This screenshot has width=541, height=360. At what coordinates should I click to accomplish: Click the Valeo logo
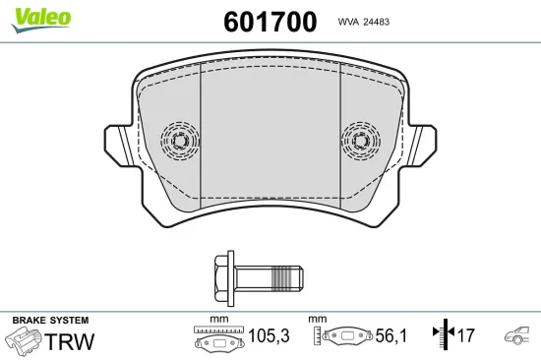(41, 20)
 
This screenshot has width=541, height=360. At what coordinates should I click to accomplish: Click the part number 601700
(270, 22)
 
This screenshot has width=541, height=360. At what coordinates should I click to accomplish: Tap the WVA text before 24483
(348, 22)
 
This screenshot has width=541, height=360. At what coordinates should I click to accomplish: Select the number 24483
(376, 22)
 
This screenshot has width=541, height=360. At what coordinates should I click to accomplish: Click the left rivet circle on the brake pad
(180, 141)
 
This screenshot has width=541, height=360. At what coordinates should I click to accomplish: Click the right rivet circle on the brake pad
(361, 141)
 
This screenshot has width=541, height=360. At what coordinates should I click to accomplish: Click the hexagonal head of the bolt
(224, 278)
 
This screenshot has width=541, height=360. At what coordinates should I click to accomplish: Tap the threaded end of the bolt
(287, 278)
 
